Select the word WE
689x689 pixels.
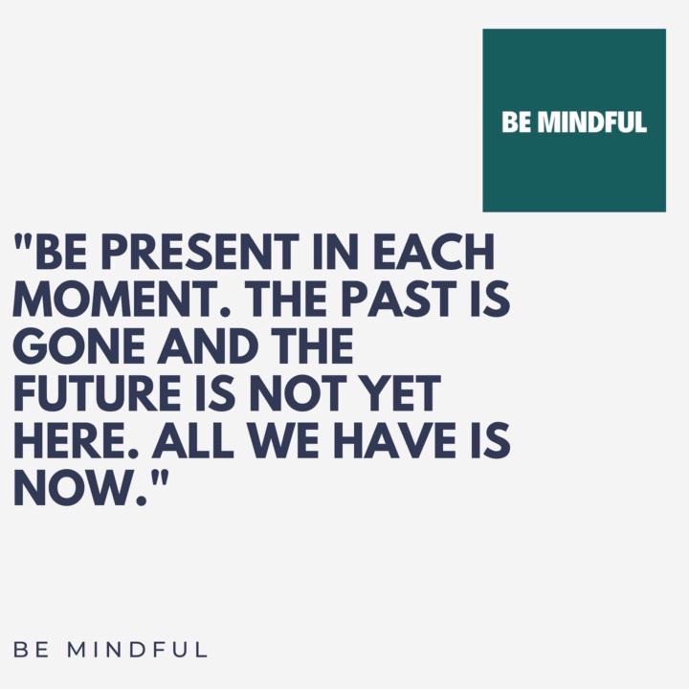[x=291, y=444]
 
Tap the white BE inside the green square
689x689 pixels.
[x=517, y=123]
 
